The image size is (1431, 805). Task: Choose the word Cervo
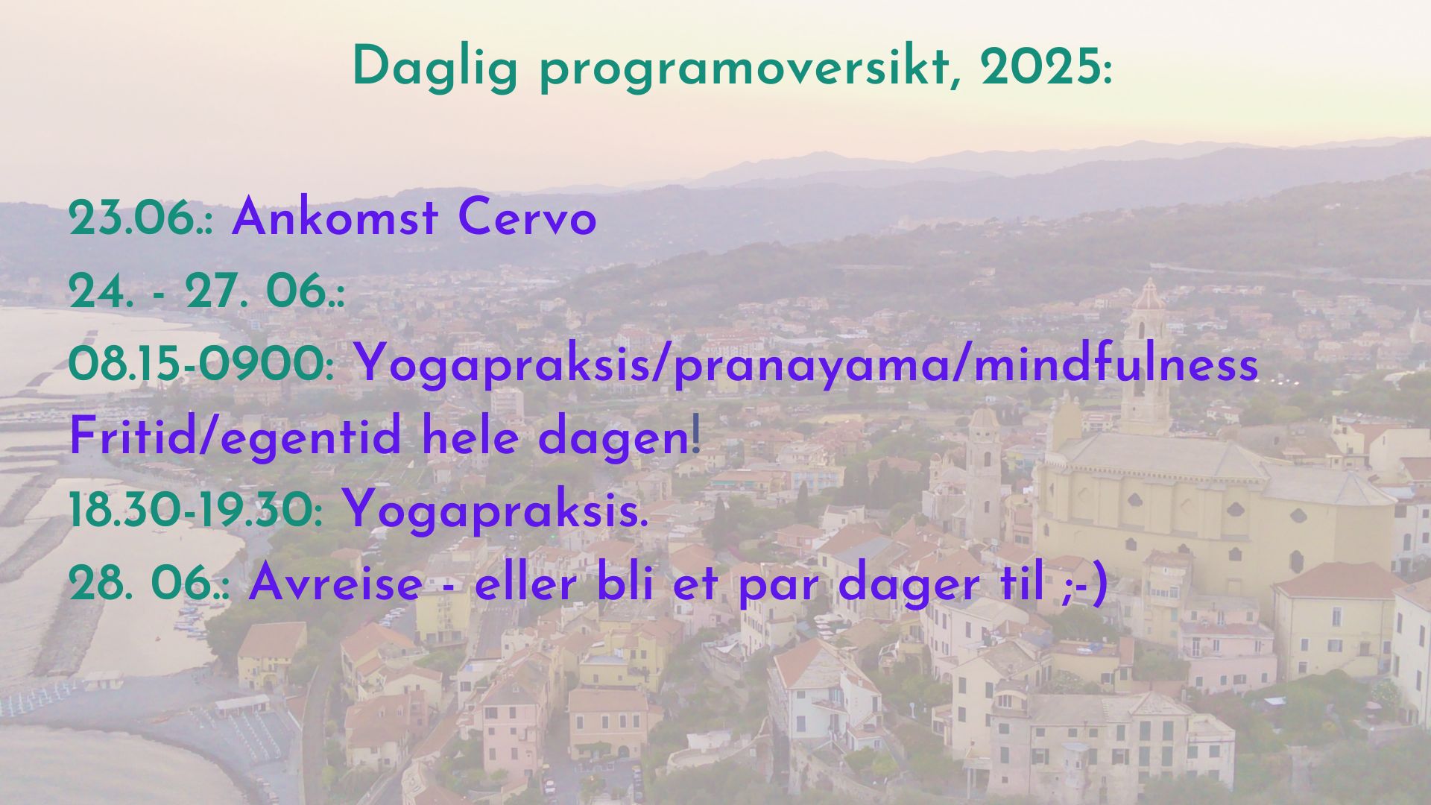pyautogui.click(x=527, y=219)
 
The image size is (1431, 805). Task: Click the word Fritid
pyautogui.click(x=131, y=438)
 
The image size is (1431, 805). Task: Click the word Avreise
pyautogui.click(x=335, y=584)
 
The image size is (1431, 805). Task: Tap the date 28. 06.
pyautogui.click(x=149, y=584)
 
